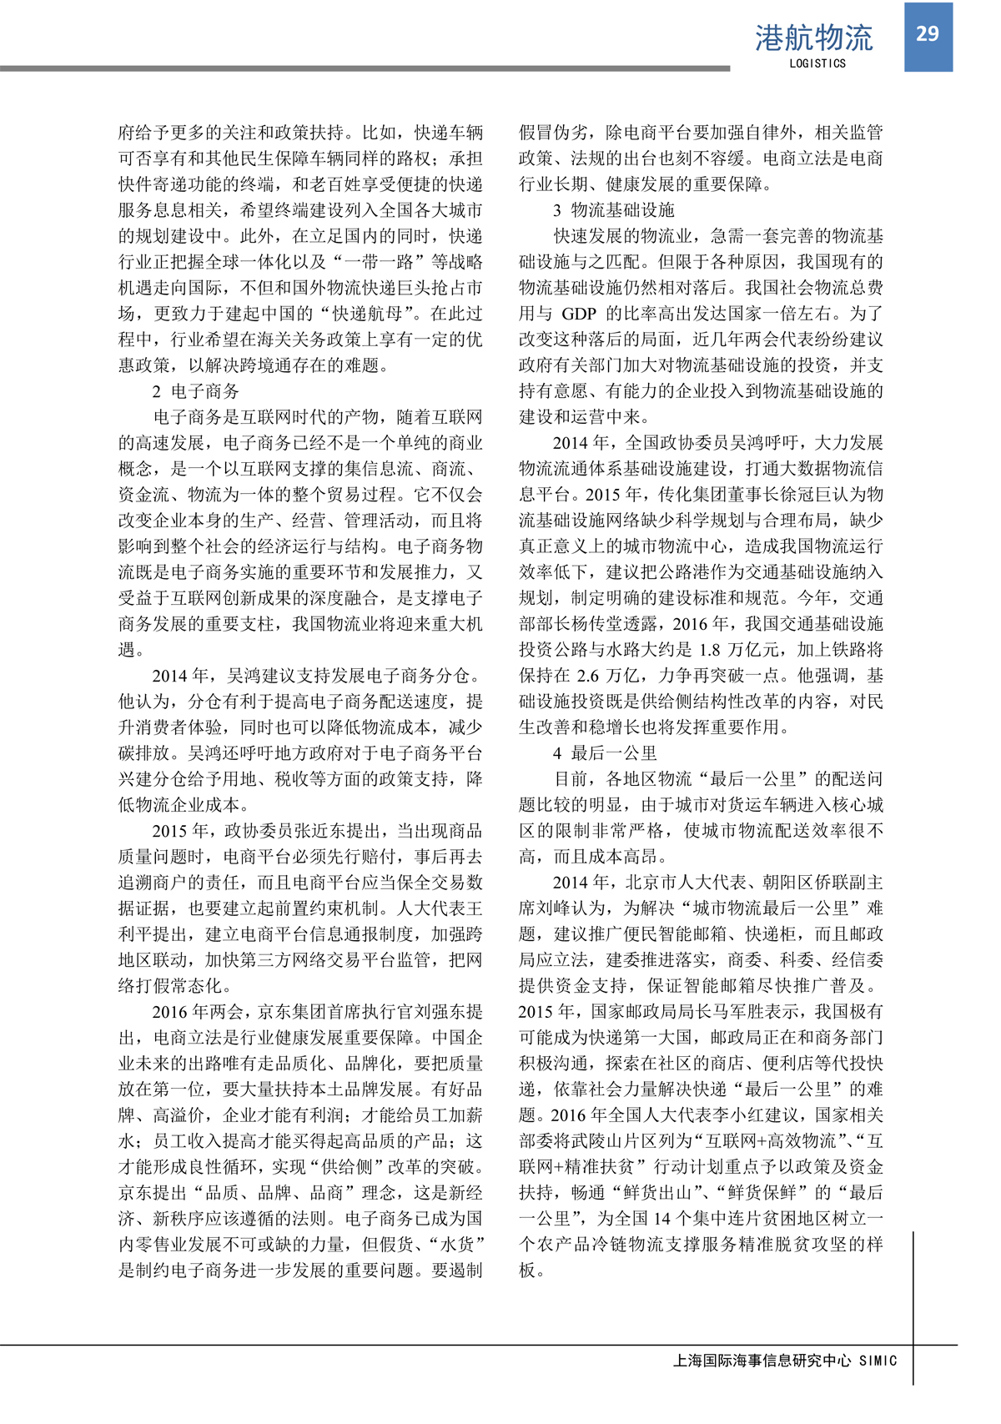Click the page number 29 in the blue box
coord(928,33)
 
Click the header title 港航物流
coord(813,38)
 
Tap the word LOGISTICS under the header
coord(817,63)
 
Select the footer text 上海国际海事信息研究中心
coord(762,1361)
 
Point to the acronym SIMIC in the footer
coord(878,1361)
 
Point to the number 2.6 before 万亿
coord(587,676)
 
